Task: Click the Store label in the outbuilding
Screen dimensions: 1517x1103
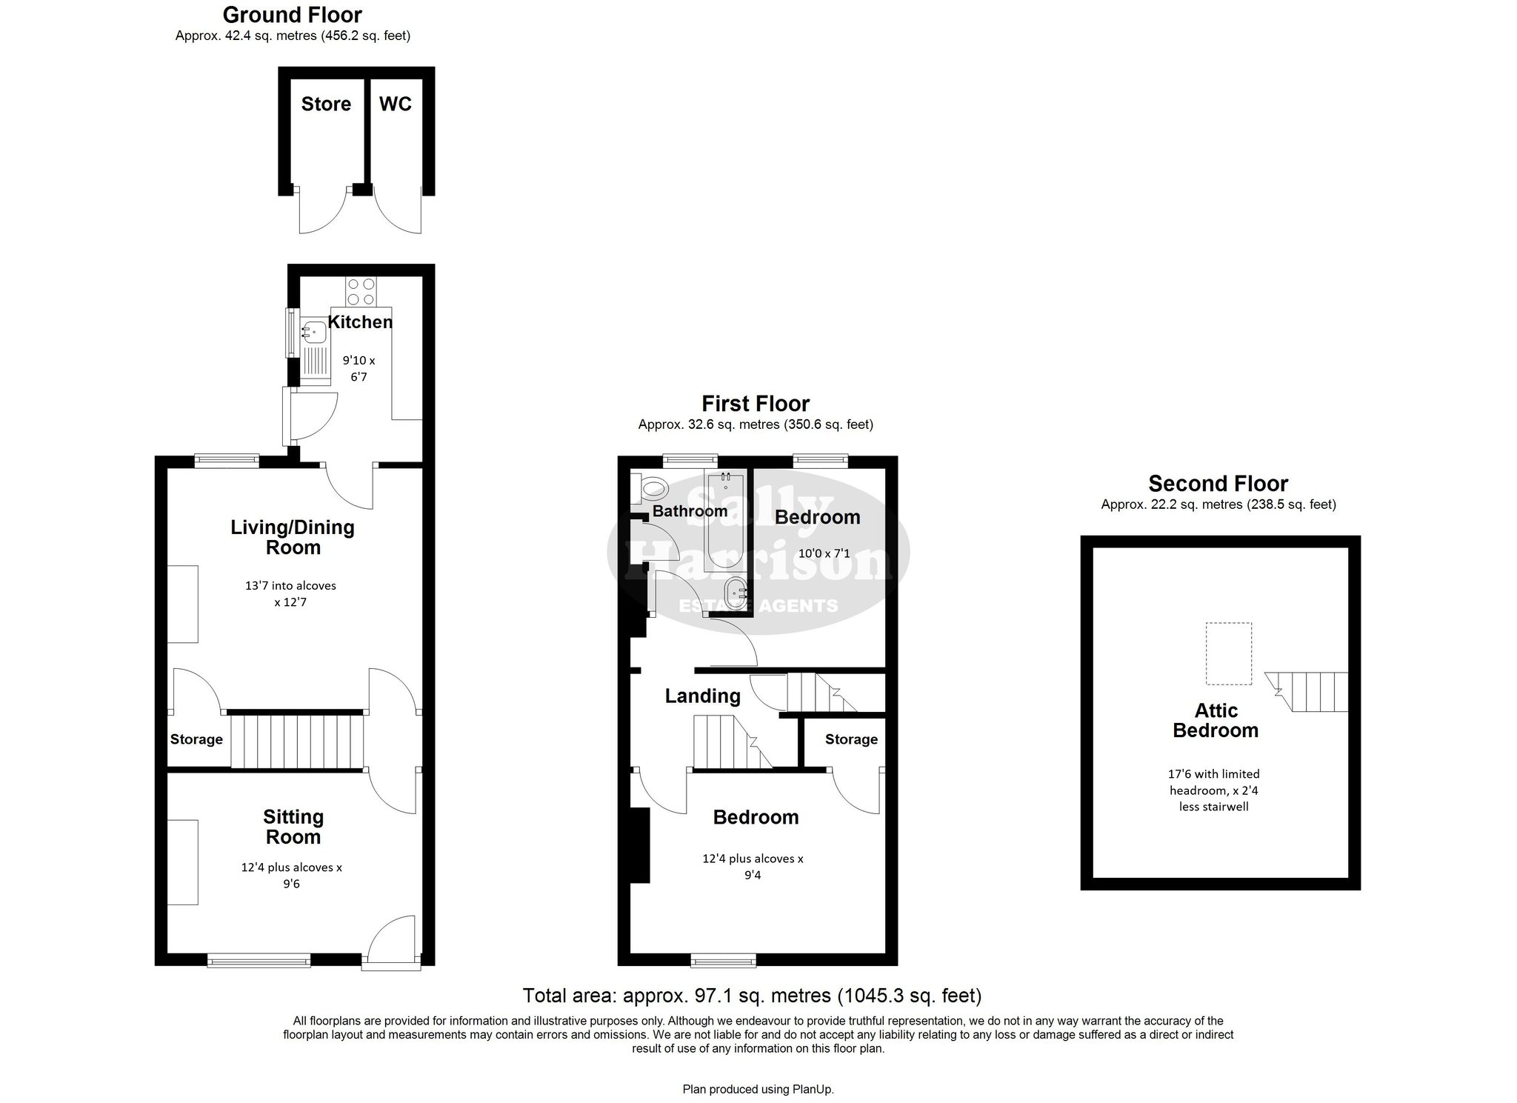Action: coord(326,104)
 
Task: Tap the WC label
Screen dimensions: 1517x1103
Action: coord(396,104)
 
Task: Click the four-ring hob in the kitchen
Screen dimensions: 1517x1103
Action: coord(361,291)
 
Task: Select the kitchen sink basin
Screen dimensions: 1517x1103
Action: coord(314,331)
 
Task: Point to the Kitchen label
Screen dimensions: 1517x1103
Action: coord(360,322)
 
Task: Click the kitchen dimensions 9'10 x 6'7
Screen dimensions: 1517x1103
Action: coord(359,369)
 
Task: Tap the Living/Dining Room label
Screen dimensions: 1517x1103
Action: coord(293,537)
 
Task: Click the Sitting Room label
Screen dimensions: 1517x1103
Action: coord(293,827)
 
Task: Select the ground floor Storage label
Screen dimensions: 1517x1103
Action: coord(196,739)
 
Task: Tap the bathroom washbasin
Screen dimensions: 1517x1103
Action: coord(735,593)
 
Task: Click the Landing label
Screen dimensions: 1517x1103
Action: coord(702,696)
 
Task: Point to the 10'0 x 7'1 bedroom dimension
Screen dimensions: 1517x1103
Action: coord(818,553)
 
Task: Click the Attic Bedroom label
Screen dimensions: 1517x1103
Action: coord(1216,721)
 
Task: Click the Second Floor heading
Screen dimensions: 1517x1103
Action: coord(1218,484)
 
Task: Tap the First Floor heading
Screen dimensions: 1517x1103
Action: coord(756,404)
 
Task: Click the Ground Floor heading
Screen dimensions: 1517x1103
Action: coord(293,15)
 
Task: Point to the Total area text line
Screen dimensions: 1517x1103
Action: coord(752,995)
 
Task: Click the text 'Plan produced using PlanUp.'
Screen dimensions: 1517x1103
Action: coord(758,1089)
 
